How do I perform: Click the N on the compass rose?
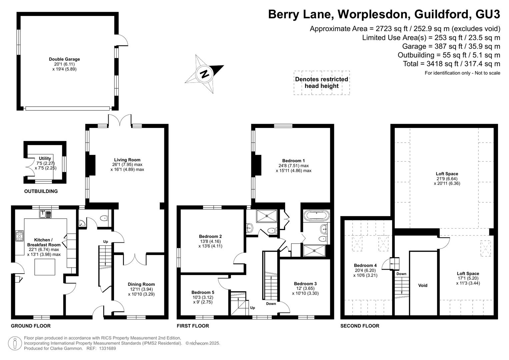tap(204, 74)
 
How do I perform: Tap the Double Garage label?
tap(64, 59)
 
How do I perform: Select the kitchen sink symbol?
tap(45, 214)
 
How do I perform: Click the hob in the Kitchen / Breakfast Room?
tap(19, 236)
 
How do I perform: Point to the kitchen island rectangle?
tap(45, 267)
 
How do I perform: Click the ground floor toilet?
tap(104, 218)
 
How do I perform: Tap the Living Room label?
tap(127, 160)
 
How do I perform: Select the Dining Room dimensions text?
tap(141, 292)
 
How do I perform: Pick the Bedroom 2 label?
tap(210, 236)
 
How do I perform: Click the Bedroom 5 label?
tap(203, 292)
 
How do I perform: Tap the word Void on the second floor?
tap(423, 285)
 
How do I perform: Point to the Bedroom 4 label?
tap(365, 265)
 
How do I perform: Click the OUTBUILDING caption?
tap(41, 191)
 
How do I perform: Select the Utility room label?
tap(45, 158)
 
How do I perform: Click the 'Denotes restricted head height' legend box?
tap(322, 83)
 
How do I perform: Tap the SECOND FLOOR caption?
tap(360, 326)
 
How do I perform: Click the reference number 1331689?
tap(107, 348)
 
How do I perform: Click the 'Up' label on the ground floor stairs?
tap(105, 242)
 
